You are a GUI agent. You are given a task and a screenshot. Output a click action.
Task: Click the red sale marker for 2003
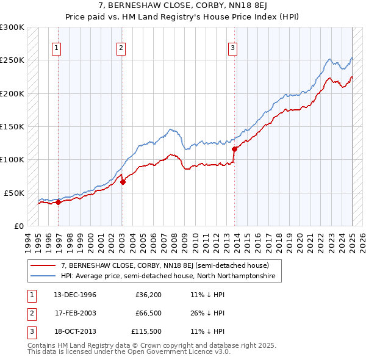123,181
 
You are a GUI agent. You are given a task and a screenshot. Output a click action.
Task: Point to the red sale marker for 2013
235,148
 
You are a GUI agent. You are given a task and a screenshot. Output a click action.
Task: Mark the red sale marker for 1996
59,202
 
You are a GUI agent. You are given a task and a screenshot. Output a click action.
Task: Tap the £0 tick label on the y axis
19,226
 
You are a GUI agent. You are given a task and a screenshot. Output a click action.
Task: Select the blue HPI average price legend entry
168,276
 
